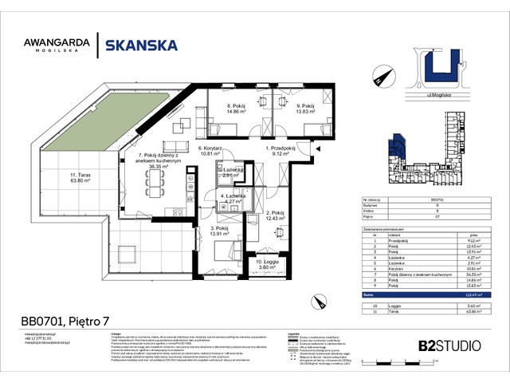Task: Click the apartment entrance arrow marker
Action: point(317,149)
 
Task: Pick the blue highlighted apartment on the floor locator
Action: point(395,148)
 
